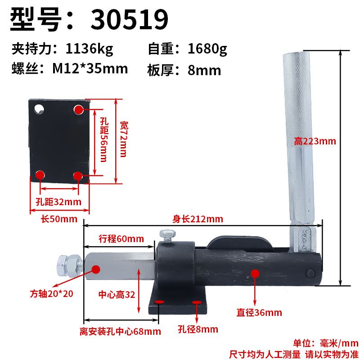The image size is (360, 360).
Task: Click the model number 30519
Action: point(130,19)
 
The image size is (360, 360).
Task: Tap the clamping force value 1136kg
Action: point(89,49)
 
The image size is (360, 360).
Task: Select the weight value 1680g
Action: point(207,49)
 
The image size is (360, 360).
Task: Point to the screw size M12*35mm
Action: point(90,68)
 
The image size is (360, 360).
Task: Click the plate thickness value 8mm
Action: point(204,70)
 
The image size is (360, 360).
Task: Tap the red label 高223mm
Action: point(315,141)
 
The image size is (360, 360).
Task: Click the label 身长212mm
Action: point(198,219)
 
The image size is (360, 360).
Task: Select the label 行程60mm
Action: point(121,239)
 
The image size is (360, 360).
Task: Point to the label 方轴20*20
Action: point(51,294)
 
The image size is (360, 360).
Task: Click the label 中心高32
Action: point(117,295)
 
